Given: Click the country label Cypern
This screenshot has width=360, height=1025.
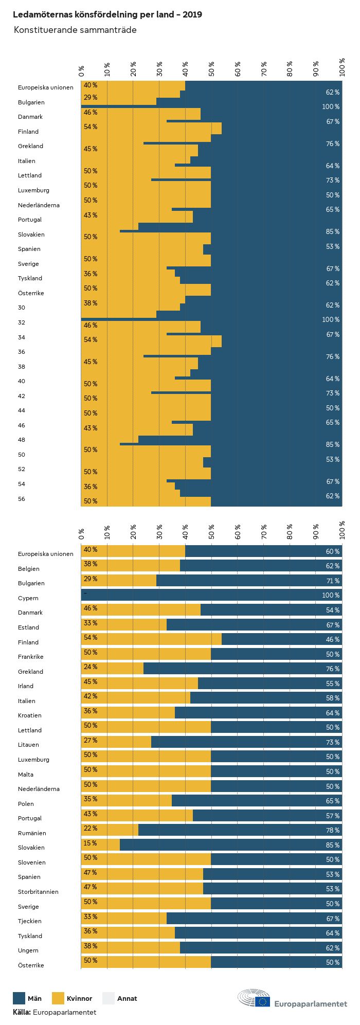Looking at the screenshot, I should [x=28, y=598].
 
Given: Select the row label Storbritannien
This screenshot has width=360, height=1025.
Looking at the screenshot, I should [x=38, y=892].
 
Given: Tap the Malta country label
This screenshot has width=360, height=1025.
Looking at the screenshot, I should [x=26, y=775].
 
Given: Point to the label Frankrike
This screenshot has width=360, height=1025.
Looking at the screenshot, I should [x=31, y=657].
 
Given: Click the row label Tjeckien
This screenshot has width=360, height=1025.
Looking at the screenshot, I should [x=30, y=921].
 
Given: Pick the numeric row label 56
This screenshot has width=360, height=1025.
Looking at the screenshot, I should [x=22, y=499].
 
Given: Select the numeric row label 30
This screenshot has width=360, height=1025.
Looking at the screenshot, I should [x=22, y=308].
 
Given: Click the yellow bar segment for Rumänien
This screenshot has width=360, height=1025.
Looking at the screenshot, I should [x=110, y=830].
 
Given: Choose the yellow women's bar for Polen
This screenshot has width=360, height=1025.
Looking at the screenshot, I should [x=127, y=801].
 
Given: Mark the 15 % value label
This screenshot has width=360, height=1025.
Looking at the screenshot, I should [x=91, y=843].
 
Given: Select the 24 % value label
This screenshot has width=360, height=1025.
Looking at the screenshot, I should [x=91, y=667].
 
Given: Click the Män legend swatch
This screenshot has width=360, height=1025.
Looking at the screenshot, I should [x=19, y=998].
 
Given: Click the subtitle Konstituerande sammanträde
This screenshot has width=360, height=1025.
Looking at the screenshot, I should [x=75, y=30].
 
